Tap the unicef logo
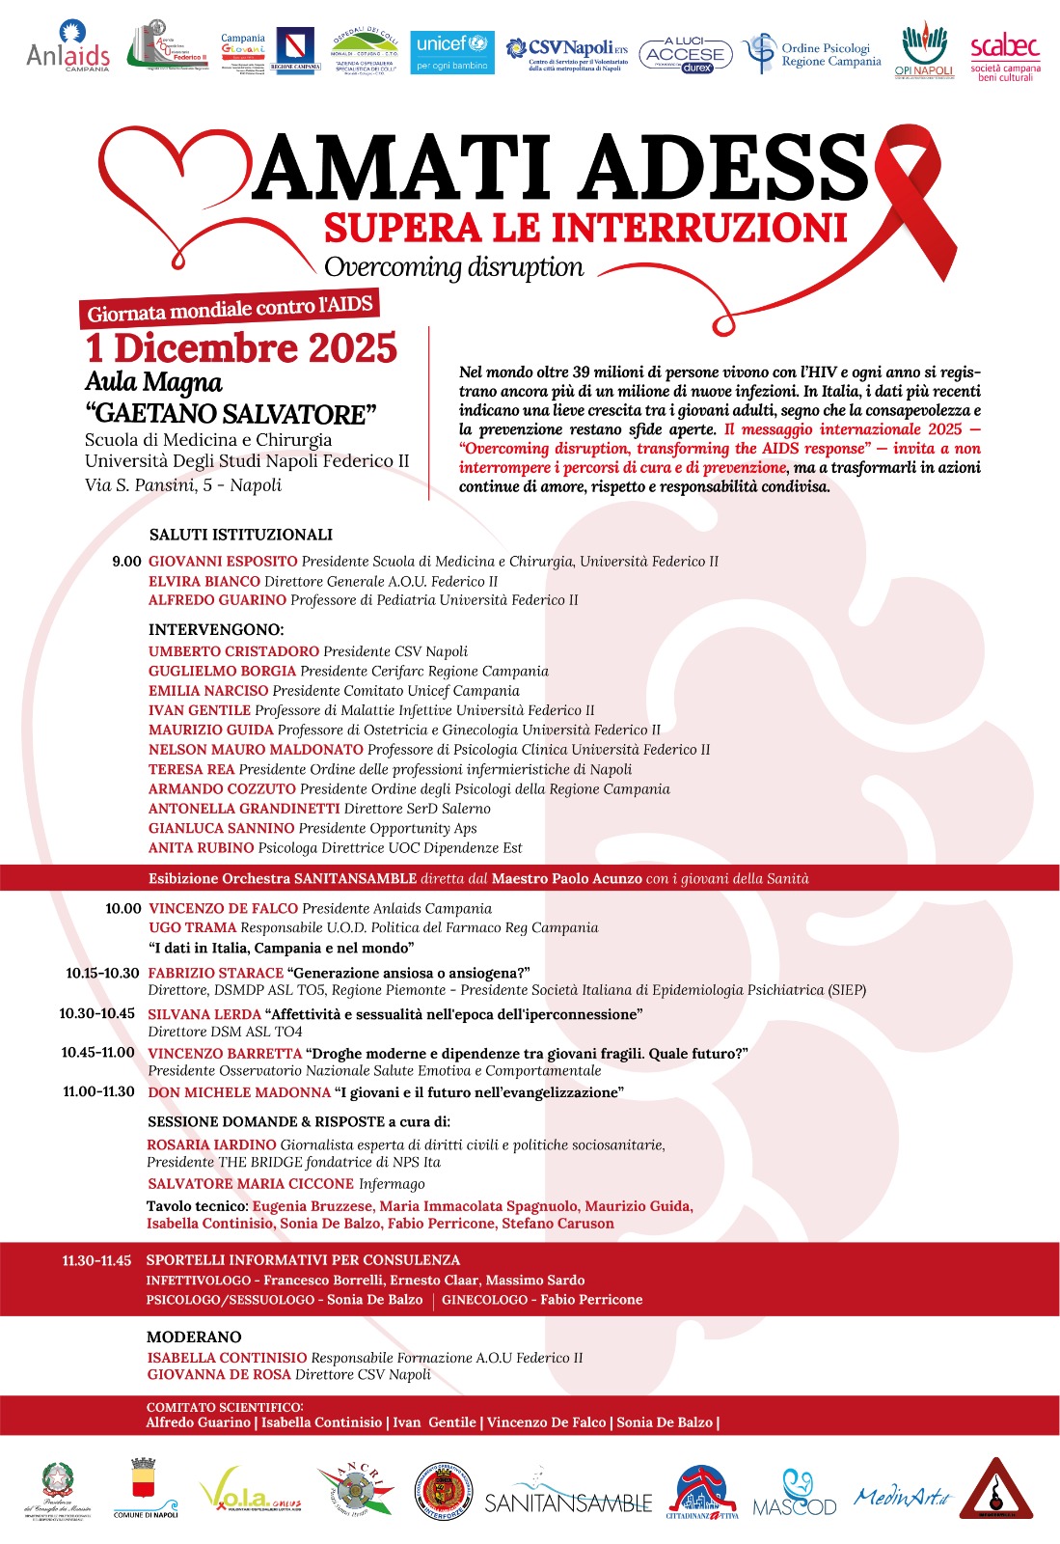(452, 52)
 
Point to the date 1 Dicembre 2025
(241, 348)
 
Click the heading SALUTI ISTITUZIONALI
(240, 535)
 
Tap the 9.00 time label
(126, 562)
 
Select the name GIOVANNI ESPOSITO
(223, 562)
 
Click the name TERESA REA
(191, 769)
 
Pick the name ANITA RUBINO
(201, 848)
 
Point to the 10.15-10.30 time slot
(102, 974)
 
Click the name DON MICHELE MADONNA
(238, 1092)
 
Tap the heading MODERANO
(194, 1337)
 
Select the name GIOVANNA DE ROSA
(219, 1375)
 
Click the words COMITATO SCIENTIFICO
(224, 1408)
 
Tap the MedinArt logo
(903, 1497)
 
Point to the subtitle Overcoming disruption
(453, 267)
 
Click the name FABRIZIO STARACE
(215, 974)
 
